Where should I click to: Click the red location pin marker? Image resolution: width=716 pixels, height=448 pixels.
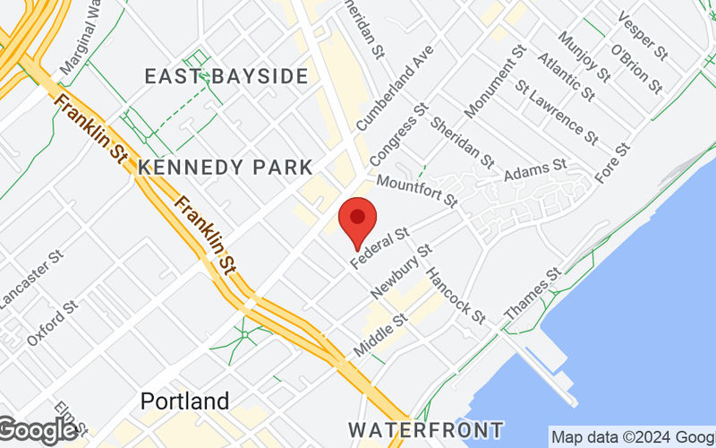click(358, 219)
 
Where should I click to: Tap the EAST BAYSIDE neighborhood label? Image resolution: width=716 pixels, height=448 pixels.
click(226, 76)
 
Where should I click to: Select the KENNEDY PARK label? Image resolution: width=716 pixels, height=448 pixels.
click(226, 168)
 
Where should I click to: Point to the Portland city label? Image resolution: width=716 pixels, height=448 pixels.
click(184, 401)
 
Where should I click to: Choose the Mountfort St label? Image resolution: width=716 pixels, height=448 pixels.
click(416, 189)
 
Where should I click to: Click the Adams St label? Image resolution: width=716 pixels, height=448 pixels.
click(535, 169)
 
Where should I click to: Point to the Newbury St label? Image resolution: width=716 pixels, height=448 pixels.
click(401, 271)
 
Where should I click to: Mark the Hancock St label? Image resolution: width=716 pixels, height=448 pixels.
click(455, 296)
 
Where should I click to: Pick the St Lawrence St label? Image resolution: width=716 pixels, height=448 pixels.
click(557, 113)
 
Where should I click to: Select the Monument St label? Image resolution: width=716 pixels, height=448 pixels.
click(491, 84)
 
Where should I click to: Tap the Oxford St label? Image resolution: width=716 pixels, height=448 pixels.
click(47, 328)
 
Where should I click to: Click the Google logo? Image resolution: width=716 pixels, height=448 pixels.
click(38, 430)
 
